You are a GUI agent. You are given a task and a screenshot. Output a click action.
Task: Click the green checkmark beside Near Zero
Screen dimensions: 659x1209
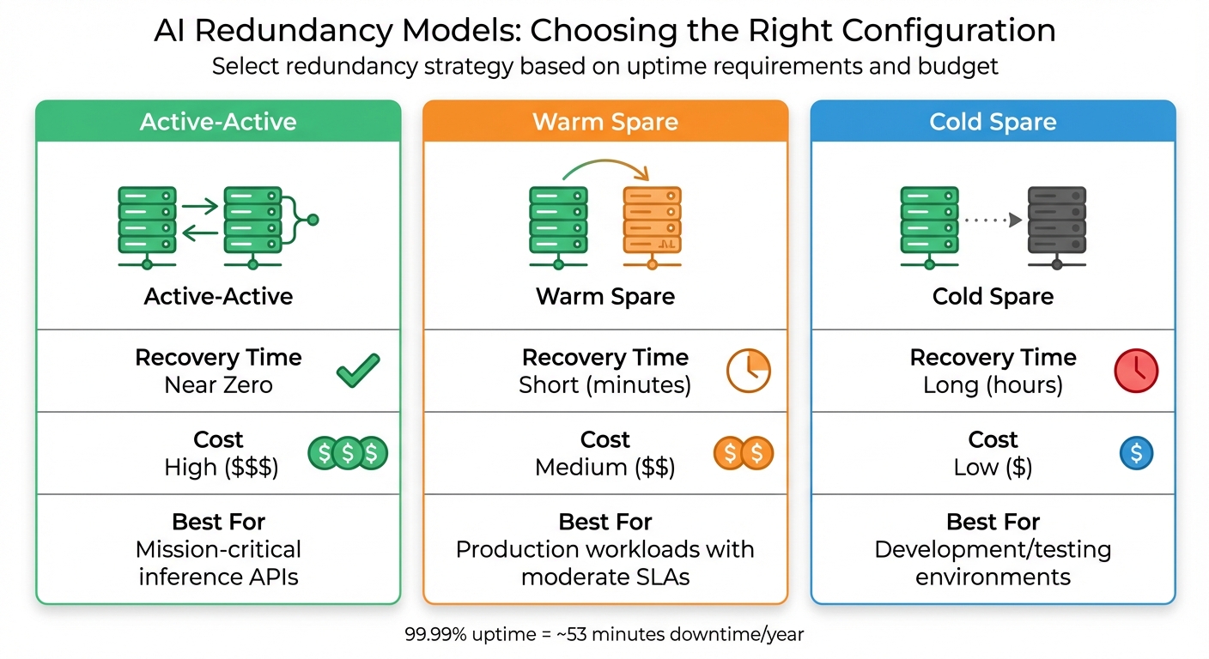tap(357, 372)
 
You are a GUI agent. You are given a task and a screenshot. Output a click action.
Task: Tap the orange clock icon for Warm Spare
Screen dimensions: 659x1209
tap(748, 371)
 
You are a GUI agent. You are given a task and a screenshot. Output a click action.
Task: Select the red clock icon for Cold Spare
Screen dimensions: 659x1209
tap(1136, 371)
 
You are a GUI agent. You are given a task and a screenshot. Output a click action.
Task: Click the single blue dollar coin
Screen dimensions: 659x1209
tap(1136, 453)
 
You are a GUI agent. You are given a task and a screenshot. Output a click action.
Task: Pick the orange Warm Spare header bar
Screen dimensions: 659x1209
tap(605, 121)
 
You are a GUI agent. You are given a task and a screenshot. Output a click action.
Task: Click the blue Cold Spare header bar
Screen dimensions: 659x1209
tap(993, 121)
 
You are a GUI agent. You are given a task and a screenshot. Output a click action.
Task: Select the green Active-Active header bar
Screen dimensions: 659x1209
tap(218, 121)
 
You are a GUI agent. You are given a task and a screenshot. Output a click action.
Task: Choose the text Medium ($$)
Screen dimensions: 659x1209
tap(604, 468)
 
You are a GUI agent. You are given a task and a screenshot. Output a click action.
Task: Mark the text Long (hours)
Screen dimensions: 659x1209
tap(993, 385)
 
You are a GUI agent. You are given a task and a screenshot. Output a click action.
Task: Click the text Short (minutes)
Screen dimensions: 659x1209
tap(604, 385)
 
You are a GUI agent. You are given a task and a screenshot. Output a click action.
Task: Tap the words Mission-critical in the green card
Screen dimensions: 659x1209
tap(218, 549)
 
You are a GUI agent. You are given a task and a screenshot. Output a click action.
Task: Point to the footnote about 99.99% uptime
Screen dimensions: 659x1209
tap(604, 635)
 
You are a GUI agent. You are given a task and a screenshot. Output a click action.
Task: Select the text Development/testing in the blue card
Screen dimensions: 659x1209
tap(993, 549)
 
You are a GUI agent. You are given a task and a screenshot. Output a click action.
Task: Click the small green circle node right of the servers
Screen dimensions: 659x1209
tap(313, 221)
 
